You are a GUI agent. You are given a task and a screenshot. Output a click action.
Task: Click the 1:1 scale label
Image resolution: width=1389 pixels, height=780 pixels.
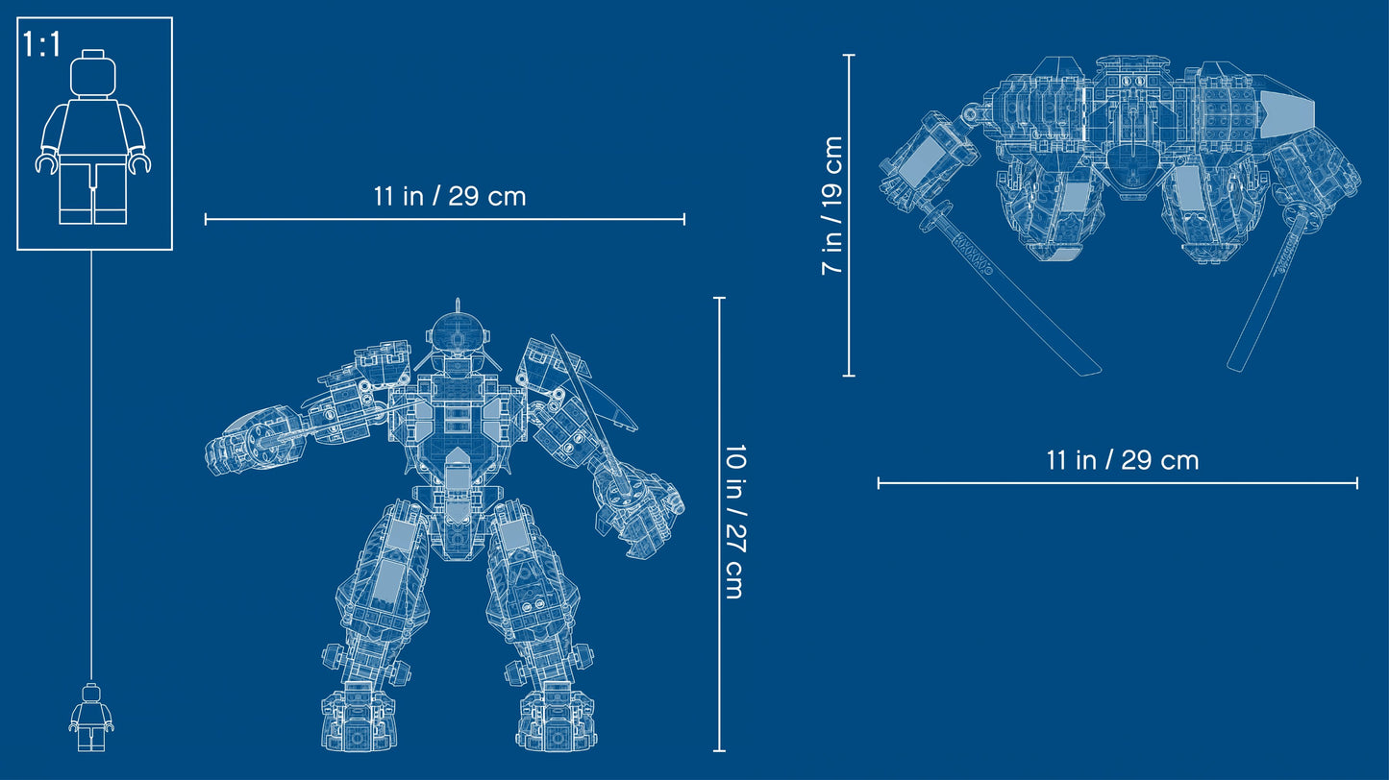coord(41,46)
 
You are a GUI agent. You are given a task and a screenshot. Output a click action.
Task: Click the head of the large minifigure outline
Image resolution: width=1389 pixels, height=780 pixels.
coord(94,72)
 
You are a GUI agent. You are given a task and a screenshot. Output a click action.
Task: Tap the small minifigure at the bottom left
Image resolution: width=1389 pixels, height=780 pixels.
coord(91,717)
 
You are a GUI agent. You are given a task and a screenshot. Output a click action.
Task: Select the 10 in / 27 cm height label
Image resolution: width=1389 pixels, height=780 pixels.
coord(734,523)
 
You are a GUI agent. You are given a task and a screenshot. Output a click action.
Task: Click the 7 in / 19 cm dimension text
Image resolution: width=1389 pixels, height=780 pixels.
coord(832,206)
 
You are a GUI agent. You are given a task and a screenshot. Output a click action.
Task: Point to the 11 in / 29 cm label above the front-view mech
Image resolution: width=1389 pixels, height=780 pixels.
coord(449,197)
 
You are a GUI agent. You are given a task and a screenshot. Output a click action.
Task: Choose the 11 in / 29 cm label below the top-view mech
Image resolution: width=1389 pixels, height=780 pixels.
coord(1122,460)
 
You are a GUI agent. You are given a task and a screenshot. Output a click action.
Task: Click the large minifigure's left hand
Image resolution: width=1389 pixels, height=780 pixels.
coord(44,164)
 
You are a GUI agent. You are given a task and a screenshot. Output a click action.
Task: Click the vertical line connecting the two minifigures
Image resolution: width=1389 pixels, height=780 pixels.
coord(92,461)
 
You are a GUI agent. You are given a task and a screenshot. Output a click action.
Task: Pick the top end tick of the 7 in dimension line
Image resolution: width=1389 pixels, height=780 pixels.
coord(849,56)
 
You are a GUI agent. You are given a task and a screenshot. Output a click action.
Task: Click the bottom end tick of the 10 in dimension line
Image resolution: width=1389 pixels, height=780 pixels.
coord(720,750)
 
